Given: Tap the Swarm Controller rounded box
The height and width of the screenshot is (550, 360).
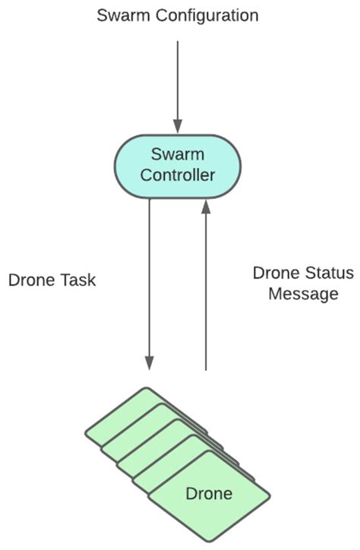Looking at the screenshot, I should point(178,166).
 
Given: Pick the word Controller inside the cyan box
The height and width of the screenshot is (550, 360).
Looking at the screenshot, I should point(178,176).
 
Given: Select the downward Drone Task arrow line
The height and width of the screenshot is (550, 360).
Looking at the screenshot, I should point(150,281).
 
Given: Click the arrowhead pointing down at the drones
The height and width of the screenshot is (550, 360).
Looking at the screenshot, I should point(150,363).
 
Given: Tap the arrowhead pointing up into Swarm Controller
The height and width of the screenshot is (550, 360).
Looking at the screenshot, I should point(205,207).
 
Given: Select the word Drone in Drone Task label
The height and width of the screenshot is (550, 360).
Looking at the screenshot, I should point(32,280).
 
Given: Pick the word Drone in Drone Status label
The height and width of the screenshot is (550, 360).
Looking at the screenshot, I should point(276,273).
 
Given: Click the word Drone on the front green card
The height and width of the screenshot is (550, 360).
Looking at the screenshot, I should point(209,494).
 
